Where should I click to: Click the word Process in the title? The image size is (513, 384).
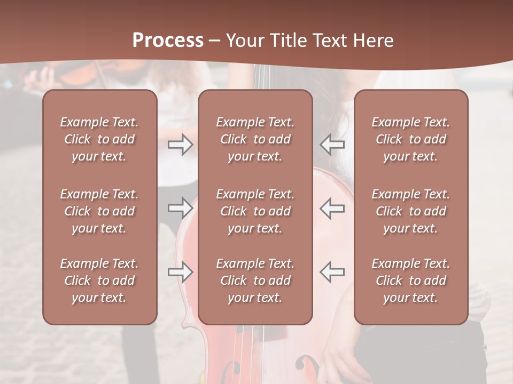[x=168, y=41]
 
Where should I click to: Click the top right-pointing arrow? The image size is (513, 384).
[x=181, y=145]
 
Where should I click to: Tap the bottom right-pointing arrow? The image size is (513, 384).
[x=181, y=272]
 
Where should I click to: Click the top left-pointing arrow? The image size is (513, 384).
[x=332, y=145]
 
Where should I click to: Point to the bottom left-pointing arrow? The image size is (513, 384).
[x=332, y=272]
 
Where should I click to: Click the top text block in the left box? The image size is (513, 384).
[x=99, y=139]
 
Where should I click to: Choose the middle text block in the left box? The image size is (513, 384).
[x=99, y=211]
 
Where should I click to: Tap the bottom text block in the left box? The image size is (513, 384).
[x=99, y=281]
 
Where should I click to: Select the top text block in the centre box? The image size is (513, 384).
[x=255, y=139]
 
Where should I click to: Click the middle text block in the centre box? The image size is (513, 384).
[x=255, y=211]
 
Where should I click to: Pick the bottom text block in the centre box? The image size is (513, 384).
[x=255, y=281]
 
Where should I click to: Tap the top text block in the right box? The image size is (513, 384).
[x=410, y=139]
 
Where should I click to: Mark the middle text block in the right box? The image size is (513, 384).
[x=410, y=211]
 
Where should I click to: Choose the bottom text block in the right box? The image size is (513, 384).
[x=410, y=281]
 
